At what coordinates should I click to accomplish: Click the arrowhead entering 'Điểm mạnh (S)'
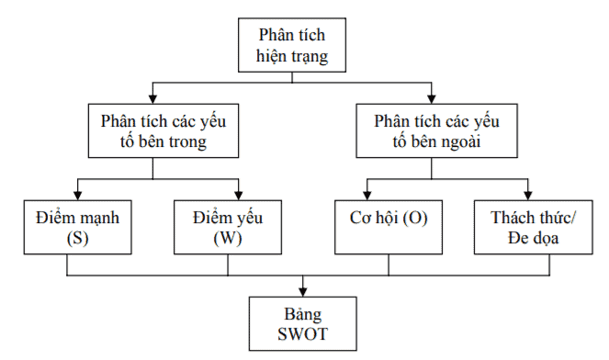point(77,195)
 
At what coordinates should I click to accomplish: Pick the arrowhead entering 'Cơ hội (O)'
point(368,195)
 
